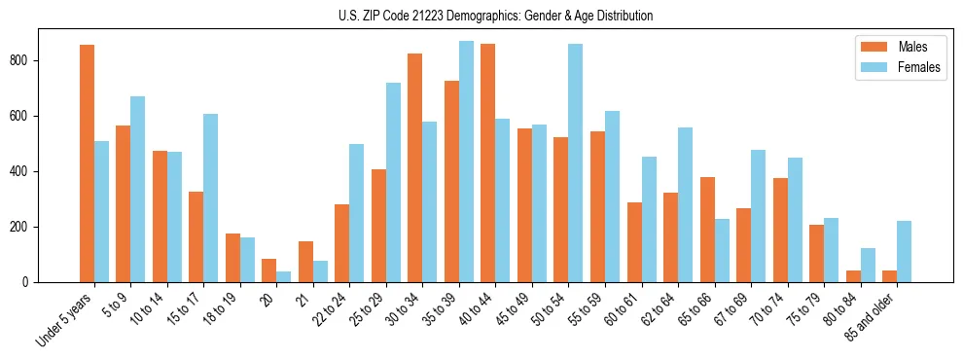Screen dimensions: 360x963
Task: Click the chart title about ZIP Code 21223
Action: point(481,17)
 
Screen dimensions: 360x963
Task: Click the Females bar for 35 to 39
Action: point(466,162)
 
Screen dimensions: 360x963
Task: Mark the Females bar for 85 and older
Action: point(905,251)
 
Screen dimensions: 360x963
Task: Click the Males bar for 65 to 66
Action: point(707,230)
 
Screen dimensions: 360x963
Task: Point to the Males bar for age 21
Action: point(305,262)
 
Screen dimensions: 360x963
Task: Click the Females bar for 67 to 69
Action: point(759,216)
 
